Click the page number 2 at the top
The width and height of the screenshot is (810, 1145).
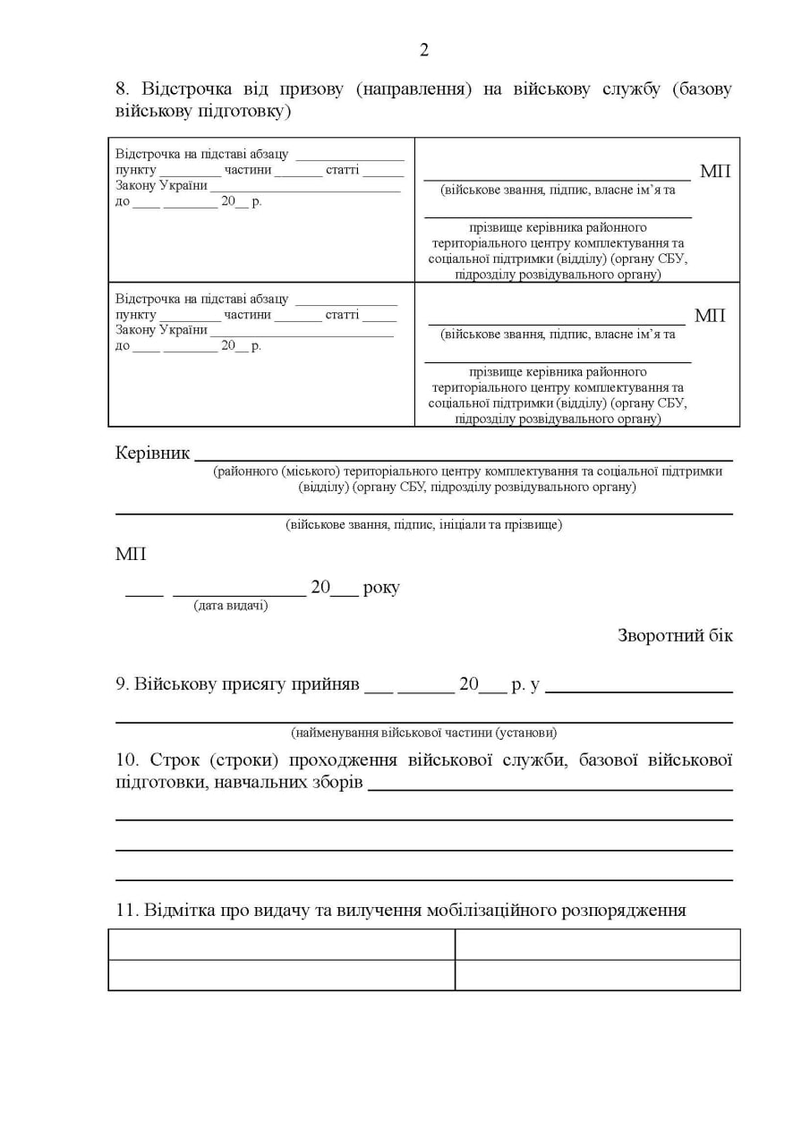424,50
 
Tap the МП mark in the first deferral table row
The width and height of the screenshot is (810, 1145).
715,171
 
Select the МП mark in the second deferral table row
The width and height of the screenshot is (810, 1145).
710,316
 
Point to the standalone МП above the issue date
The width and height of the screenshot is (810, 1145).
131,555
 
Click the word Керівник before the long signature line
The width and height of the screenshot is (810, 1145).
152,454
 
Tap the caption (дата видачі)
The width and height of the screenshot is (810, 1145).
231,606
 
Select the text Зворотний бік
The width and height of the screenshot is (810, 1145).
675,636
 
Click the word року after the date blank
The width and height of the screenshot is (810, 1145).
381,588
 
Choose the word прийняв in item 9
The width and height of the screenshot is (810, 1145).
327,685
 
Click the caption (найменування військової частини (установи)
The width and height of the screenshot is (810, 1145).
423,733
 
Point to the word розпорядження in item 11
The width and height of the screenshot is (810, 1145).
623,911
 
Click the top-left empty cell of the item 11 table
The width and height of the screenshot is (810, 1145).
281,945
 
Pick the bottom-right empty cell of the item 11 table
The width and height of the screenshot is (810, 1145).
597,975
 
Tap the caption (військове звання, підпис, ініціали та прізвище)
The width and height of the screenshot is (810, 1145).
423,525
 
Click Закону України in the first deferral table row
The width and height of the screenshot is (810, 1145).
162,186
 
